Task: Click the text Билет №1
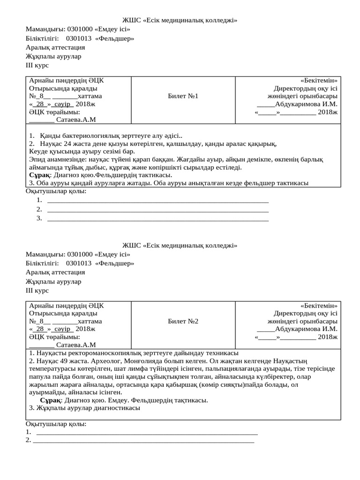pyautogui.click(x=183, y=96)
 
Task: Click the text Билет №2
pyautogui.click(x=183, y=321)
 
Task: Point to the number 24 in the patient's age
pyautogui.click(x=67, y=144)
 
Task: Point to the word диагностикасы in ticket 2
pyautogui.click(x=116, y=408)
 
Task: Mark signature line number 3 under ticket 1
pyautogui.click(x=158, y=218)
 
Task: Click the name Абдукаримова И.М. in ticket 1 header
pyautogui.click(x=306, y=105)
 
